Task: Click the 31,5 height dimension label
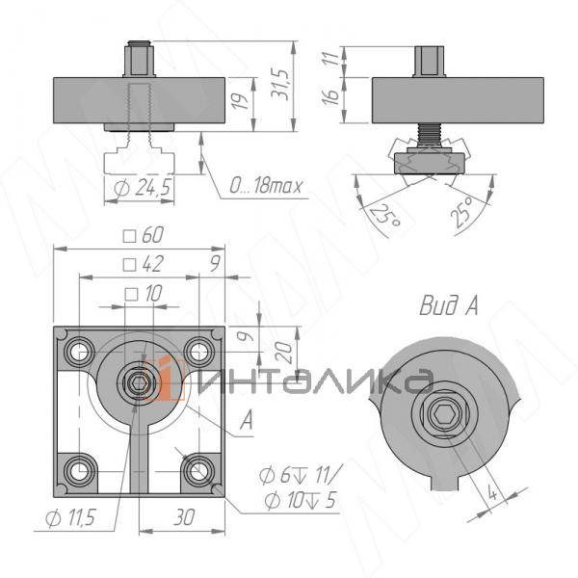(279, 84)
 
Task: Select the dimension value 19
(240, 100)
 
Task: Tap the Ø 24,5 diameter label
(143, 187)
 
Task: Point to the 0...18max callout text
(266, 185)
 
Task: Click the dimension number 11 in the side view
(331, 59)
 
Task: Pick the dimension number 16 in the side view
(330, 95)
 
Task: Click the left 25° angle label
(385, 215)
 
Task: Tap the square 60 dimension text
(144, 235)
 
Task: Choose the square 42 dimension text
(144, 264)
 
